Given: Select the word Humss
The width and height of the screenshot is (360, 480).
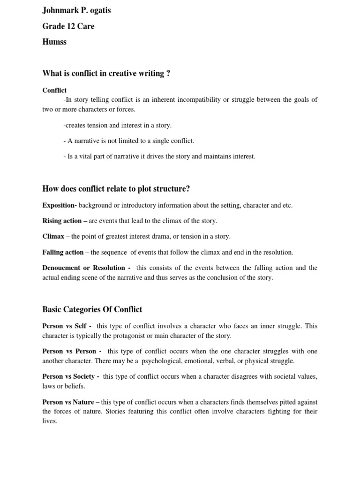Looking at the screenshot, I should (x=54, y=42).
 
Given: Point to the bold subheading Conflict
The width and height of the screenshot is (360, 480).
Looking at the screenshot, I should (x=54, y=90).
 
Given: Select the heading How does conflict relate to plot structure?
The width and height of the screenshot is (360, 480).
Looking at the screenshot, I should (x=116, y=189).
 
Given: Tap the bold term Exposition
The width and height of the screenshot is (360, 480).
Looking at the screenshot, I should (x=59, y=206).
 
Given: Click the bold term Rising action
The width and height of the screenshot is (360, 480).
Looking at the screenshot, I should (x=62, y=221).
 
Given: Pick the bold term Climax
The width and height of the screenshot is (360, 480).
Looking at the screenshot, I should (x=53, y=236).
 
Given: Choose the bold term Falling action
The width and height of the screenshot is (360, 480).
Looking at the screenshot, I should (x=63, y=252).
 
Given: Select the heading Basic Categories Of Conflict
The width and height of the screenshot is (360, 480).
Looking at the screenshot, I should (x=92, y=309).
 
